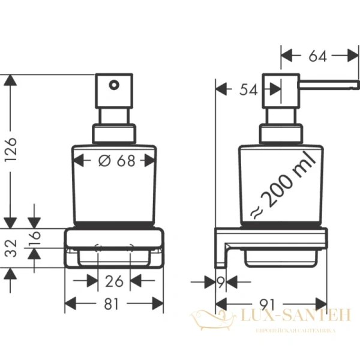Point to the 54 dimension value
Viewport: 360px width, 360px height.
click(248, 90)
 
